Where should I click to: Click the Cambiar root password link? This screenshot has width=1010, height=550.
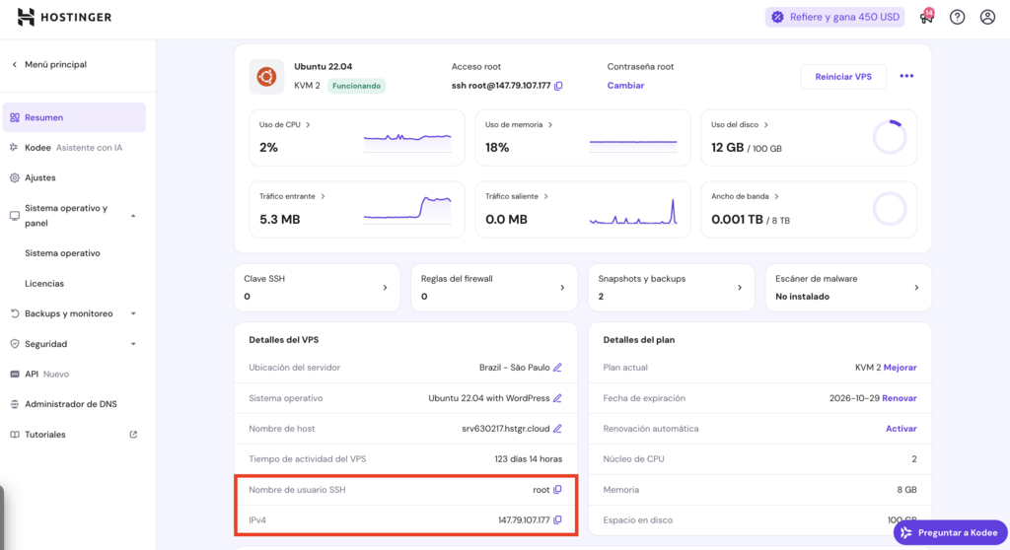[x=625, y=86]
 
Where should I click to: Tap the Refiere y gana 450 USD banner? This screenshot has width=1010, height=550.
[x=834, y=17]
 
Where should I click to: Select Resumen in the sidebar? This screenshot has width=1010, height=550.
[x=44, y=117]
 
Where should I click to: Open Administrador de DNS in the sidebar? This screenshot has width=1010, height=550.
[x=71, y=404]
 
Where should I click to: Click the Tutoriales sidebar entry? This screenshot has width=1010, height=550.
[x=45, y=435]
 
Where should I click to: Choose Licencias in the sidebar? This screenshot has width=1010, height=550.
[x=44, y=284]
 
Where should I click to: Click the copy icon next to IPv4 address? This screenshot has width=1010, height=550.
[x=557, y=520]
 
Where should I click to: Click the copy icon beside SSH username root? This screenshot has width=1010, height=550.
[x=557, y=490]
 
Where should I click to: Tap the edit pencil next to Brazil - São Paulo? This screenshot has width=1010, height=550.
[x=557, y=368]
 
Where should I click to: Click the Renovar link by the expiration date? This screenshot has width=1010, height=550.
[x=899, y=398]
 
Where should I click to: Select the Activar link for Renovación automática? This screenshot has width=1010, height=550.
[x=901, y=429]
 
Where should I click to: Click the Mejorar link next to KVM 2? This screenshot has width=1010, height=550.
[x=900, y=368]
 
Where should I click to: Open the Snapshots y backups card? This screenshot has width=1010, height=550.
[x=670, y=287]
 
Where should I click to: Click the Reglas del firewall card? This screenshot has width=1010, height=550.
[x=493, y=287]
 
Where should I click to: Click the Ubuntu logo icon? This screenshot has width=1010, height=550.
[x=266, y=77]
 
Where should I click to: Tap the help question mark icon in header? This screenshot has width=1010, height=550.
[x=957, y=17]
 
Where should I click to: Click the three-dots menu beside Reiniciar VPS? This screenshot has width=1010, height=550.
[x=906, y=77]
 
